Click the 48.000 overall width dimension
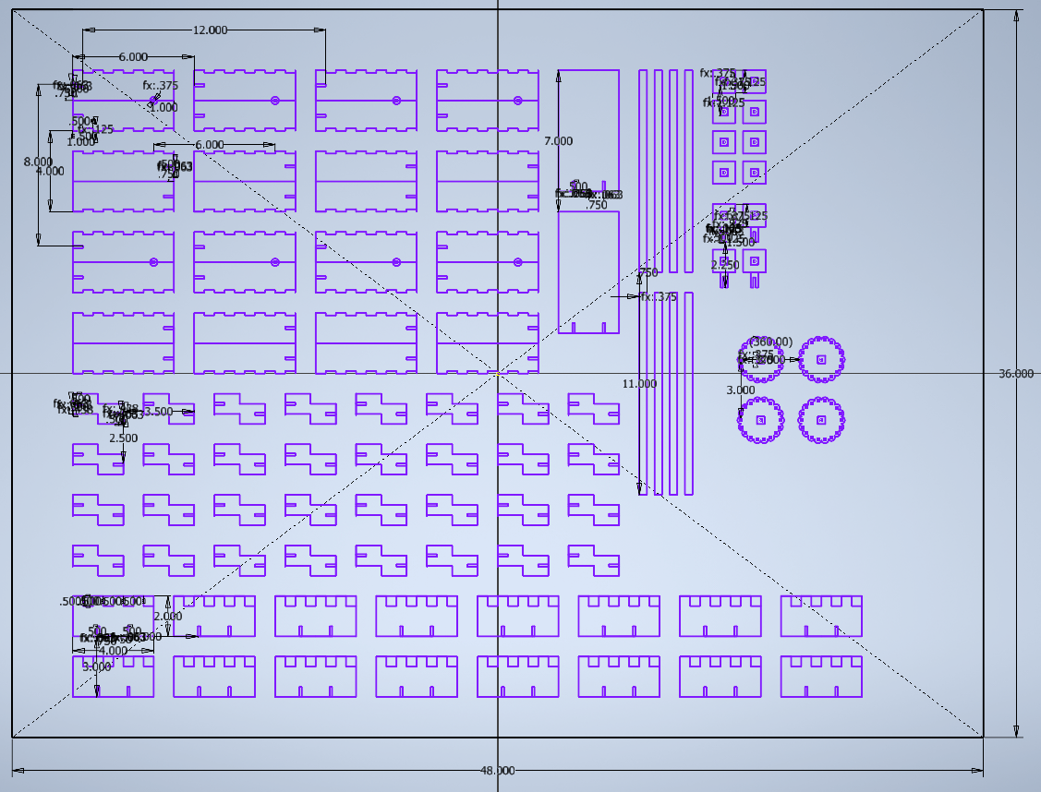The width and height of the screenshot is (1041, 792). (x=497, y=771)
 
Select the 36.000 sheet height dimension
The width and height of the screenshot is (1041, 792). (x=1016, y=374)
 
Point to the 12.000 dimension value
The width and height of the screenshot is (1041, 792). (x=210, y=30)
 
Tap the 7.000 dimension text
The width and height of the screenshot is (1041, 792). (x=558, y=141)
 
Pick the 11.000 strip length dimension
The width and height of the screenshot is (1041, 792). (x=639, y=384)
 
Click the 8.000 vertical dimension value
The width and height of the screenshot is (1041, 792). (x=38, y=162)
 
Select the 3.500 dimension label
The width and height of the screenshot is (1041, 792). (x=159, y=412)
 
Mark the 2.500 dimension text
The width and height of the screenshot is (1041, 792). (x=123, y=438)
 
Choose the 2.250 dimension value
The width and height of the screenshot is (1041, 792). (x=725, y=266)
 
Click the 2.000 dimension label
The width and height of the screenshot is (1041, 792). (x=168, y=617)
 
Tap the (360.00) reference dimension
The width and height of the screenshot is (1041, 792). (x=770, y=342)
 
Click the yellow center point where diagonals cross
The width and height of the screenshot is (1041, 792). (x=498, y=374)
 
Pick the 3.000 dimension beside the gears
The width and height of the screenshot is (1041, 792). (x=740, y=390)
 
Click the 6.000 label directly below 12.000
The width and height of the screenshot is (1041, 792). (x=133, y=57)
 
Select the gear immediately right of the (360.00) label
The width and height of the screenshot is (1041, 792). (x=821, y=359)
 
